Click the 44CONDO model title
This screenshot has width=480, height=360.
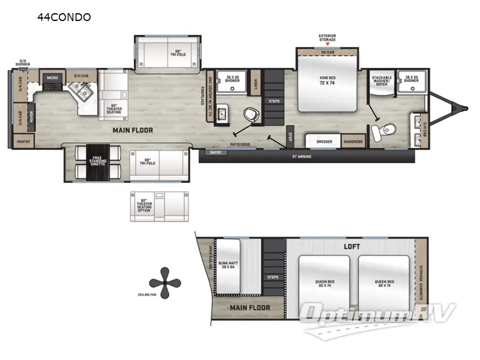[64, 17]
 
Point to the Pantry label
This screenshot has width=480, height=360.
[23, 142]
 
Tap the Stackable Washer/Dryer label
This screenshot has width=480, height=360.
[382, 80]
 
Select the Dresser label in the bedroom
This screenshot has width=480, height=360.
[324, 142]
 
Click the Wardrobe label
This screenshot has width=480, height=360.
[352, 142]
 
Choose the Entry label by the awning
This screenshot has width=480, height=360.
[214, 152]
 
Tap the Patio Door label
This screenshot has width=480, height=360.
[239, 144]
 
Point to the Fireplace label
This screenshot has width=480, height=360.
[202, 94]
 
